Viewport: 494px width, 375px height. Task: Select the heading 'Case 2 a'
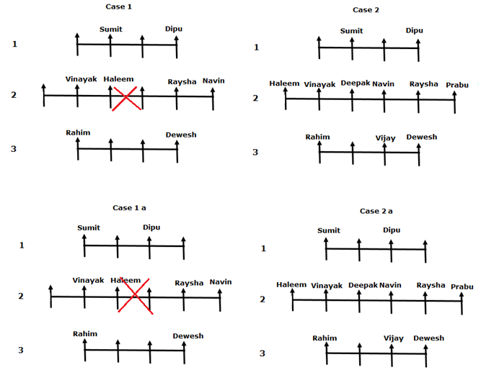click(376, 211)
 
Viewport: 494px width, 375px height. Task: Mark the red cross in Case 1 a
click(135, 296)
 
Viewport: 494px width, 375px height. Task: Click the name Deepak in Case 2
click(356, 83)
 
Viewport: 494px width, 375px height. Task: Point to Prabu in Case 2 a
click(462, 286)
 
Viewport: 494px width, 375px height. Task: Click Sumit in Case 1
click(111, 29)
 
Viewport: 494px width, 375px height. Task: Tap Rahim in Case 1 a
click(85, 333)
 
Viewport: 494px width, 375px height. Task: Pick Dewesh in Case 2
click(422, 137)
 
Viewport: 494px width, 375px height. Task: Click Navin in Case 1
click(213, 81)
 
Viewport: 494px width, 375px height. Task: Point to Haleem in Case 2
click(284, 83)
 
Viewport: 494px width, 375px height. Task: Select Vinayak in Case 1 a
click(88, 280)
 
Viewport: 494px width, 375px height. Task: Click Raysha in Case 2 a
click(431, 286)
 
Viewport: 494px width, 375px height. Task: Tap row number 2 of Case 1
click(13, 94)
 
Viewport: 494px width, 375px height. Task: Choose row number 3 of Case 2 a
click(263, 353)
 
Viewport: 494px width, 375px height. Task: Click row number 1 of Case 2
click(256, 48)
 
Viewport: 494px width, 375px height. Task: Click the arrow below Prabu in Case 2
click(455, 101)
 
